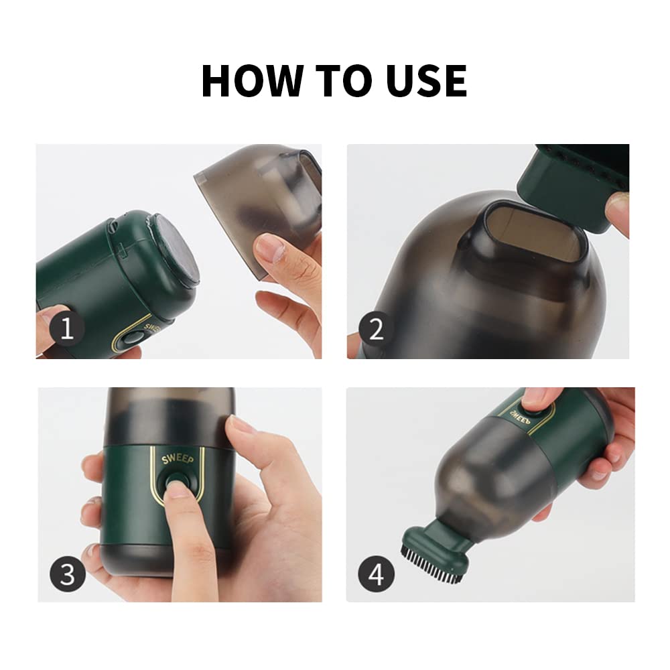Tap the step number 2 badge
point(376,328)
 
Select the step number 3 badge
point(67,574)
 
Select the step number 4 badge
point(376,574)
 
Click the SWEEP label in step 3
point(178,459)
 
